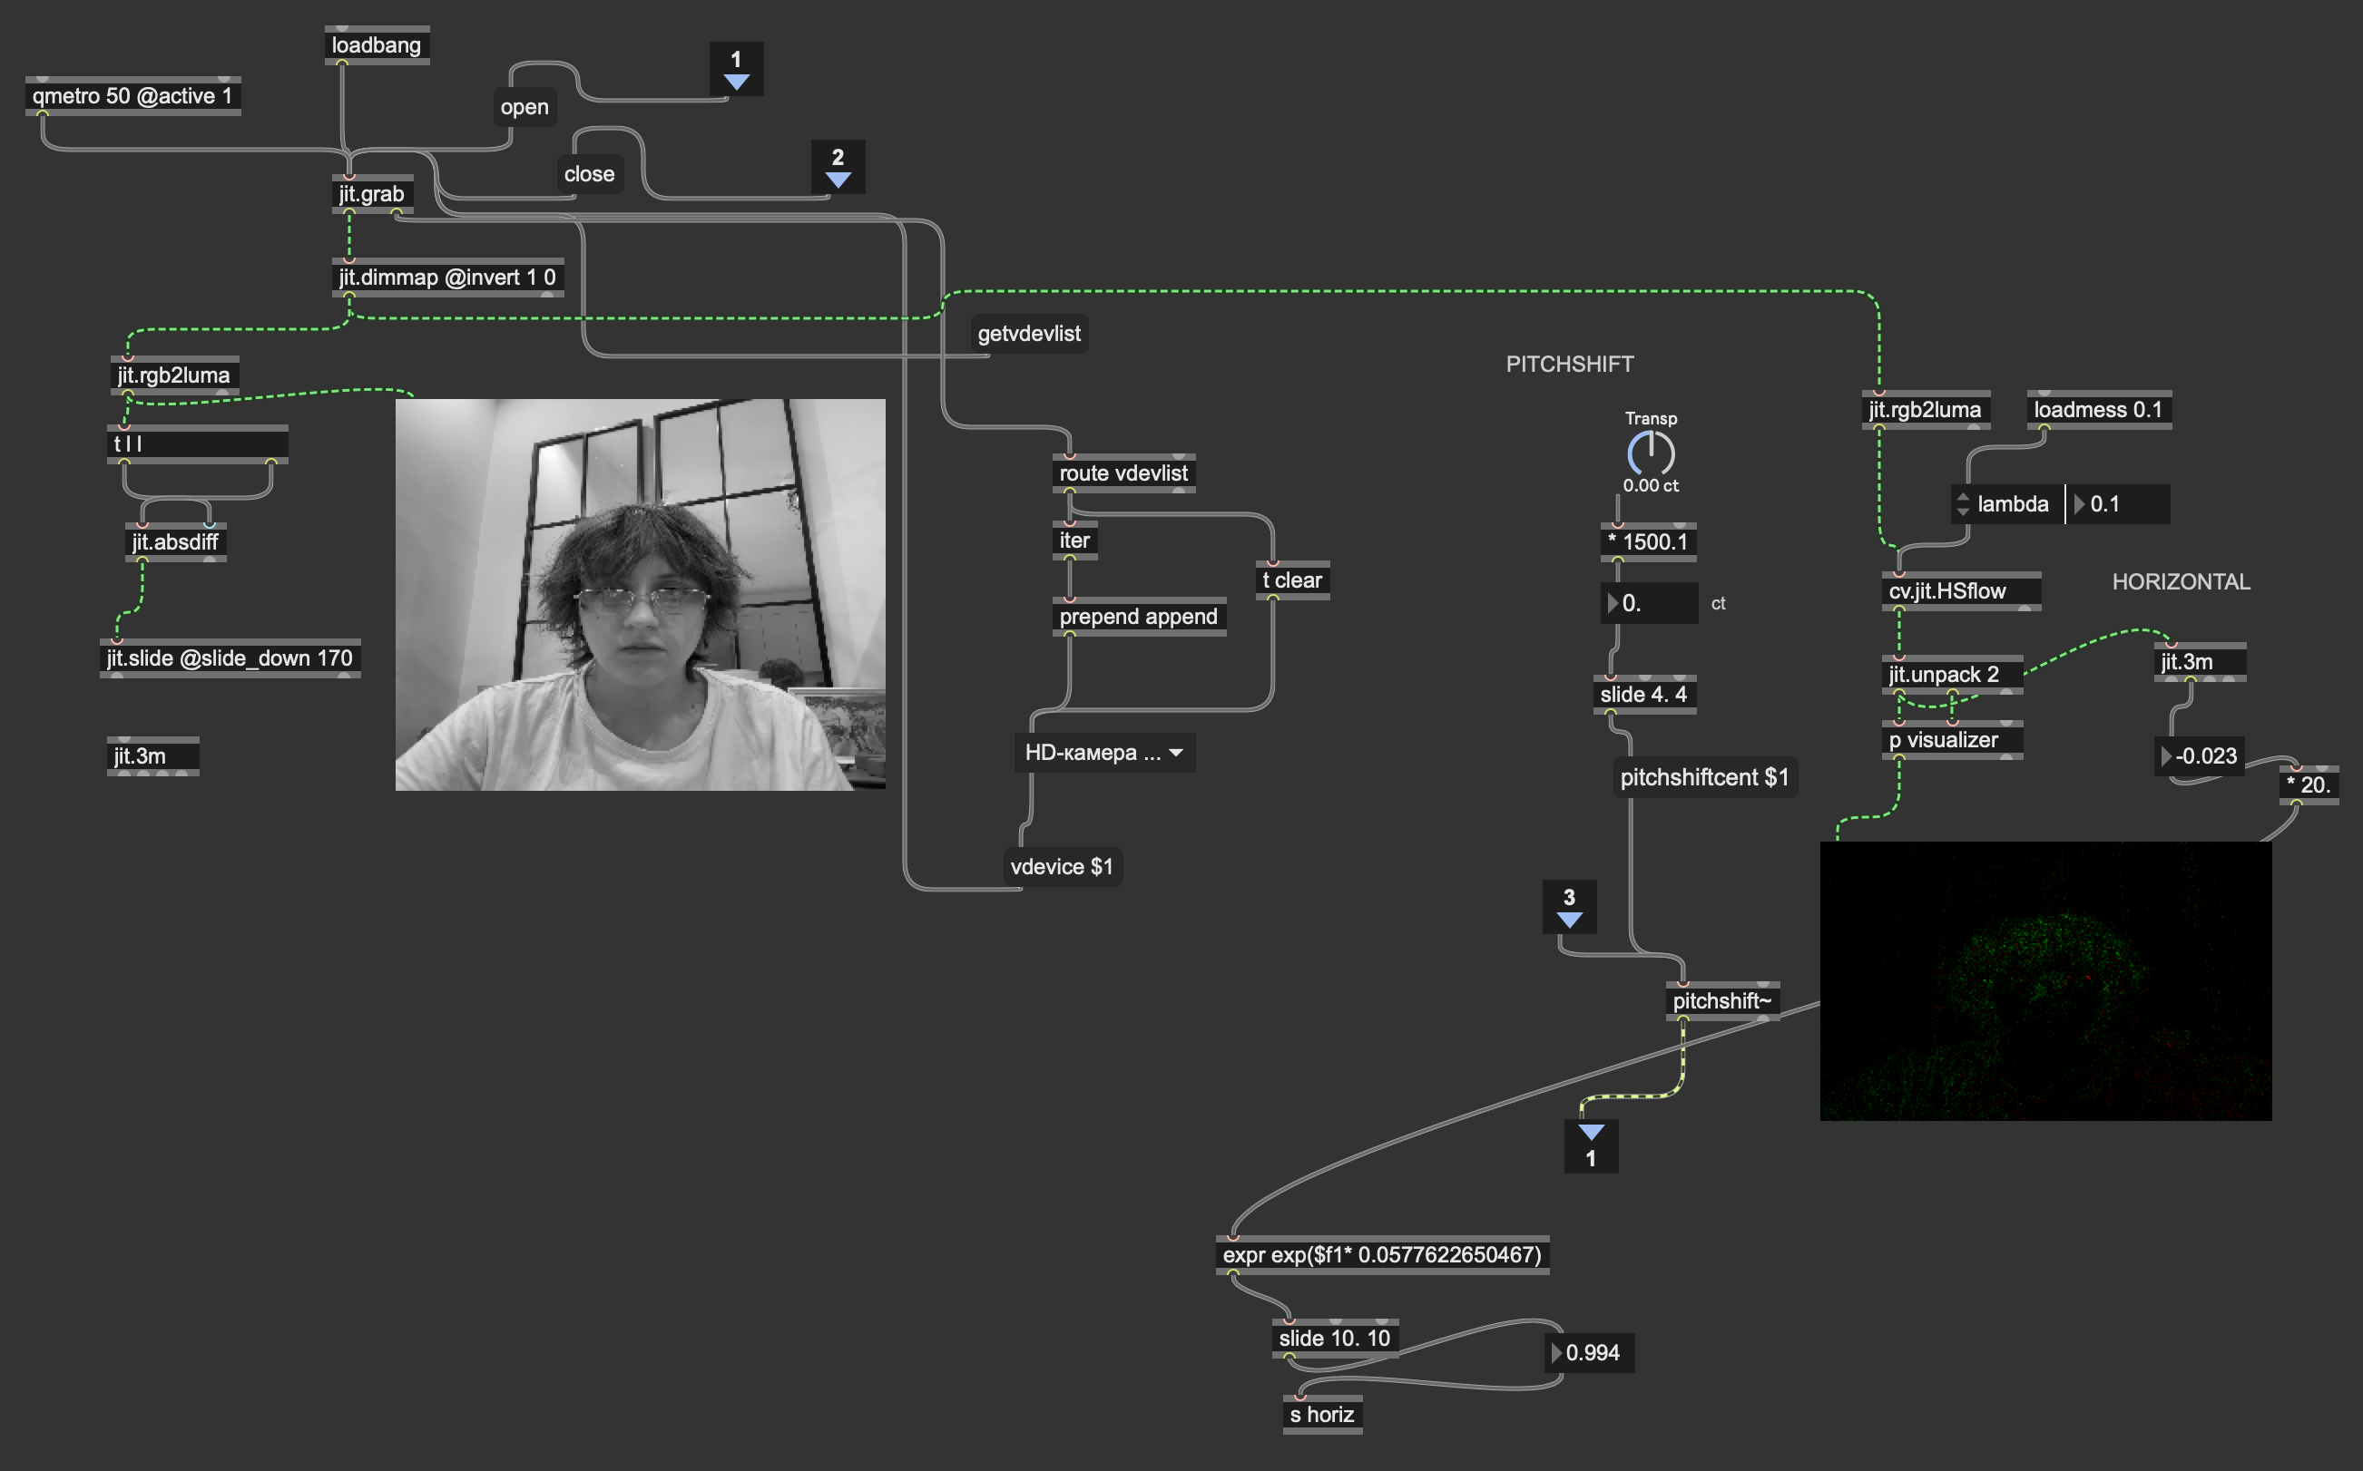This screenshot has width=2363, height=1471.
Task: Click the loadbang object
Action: tap(377, 45)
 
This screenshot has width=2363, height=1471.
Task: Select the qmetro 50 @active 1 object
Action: tap(132, 96)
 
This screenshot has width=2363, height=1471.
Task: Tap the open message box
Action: tap(524, 107)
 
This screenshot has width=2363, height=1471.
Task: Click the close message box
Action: tap(589, 174)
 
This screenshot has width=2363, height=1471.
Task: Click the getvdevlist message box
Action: tap(1029, 334)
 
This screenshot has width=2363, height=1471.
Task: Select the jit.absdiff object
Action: tap(175, 542)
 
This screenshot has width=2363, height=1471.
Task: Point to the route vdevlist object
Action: tap(1123, 473)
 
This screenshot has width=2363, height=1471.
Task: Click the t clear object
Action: tap(1291, 580)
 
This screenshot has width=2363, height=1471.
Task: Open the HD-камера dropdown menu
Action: tap(1104, 753)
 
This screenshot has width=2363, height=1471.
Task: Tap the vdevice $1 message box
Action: tap(1062, 867)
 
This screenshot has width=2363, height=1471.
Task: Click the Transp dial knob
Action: tap(1651, 453)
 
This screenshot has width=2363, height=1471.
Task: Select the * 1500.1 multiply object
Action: tap(1649, 542)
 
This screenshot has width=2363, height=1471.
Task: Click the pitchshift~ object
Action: tap(1722, 1001)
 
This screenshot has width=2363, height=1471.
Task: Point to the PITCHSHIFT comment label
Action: tap(1570, 364)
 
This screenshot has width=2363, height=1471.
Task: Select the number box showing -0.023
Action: tap(2200, 756)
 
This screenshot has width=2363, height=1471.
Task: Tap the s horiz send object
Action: tap(1323, 1415)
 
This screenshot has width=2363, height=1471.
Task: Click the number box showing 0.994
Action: tap(1590, 1353)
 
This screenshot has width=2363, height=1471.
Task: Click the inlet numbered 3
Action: tap(1569, 907)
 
